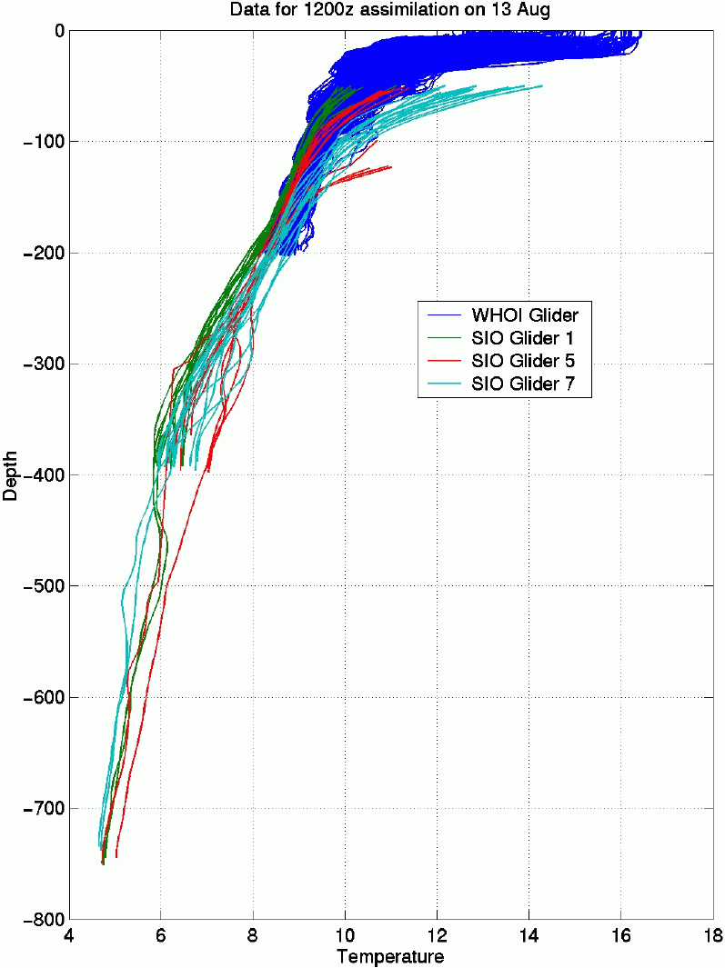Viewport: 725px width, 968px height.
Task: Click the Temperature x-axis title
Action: [390, 957]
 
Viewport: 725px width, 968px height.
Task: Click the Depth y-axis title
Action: [10, 474]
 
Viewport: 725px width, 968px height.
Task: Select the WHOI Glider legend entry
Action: [525, 315]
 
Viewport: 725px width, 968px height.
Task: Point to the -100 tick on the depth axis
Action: [43, 142]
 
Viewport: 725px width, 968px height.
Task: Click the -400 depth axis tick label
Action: [43, 475]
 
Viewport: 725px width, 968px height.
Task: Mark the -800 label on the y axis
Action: [43, 920]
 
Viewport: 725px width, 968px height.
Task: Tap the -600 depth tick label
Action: [43, 698]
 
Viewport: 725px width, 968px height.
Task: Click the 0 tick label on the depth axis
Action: [57, 31]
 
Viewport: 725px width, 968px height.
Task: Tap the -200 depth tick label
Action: [43, 254]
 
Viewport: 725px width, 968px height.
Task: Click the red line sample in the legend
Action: [446, 361]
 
